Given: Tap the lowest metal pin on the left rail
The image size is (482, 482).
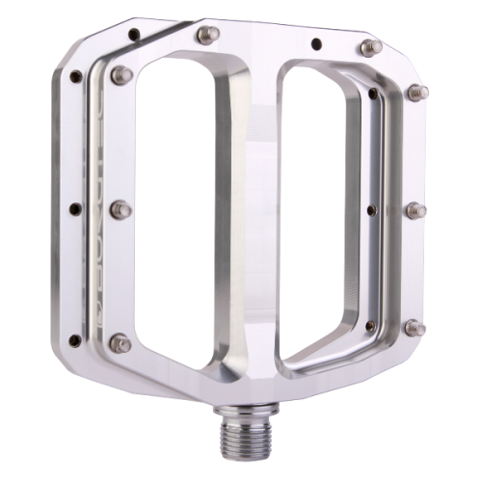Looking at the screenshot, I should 119,339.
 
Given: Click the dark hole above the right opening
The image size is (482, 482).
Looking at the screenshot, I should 316,43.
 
